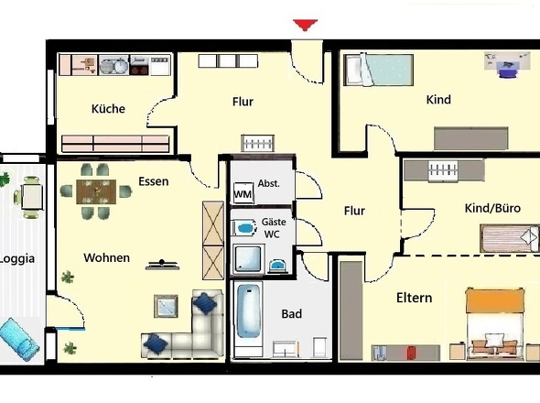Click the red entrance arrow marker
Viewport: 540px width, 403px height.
(x=305, y=25)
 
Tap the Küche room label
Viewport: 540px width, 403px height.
(x=108, y=109)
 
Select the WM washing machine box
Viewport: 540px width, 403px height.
(x=243, y=193)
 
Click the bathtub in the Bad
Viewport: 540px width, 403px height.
(x=248, y=311)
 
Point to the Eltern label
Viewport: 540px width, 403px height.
(x=414, y=298)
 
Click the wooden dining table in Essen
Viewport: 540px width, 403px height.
(x=96, y=191)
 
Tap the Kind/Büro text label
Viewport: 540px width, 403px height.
(x=492, y=208)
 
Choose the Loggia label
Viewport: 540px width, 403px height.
(x=17, y=258)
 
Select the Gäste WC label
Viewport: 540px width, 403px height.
(x=274, y=228)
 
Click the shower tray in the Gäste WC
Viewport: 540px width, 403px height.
(x=248, y=258)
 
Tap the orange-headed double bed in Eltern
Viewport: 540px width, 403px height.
(x=494, y=321)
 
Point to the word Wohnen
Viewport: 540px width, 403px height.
(x=107, y=258)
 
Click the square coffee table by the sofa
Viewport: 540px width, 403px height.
(x=166, y=306)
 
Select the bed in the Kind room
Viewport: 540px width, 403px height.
(x=379, y=70)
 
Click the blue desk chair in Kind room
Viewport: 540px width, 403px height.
(x=508, y=71)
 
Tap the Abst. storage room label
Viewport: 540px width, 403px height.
(x=268, y=183)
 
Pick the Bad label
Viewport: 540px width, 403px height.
(x=292, y=314)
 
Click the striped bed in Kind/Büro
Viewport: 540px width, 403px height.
(x=510, y=238)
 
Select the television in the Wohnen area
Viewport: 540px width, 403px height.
(x=162, y=265)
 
